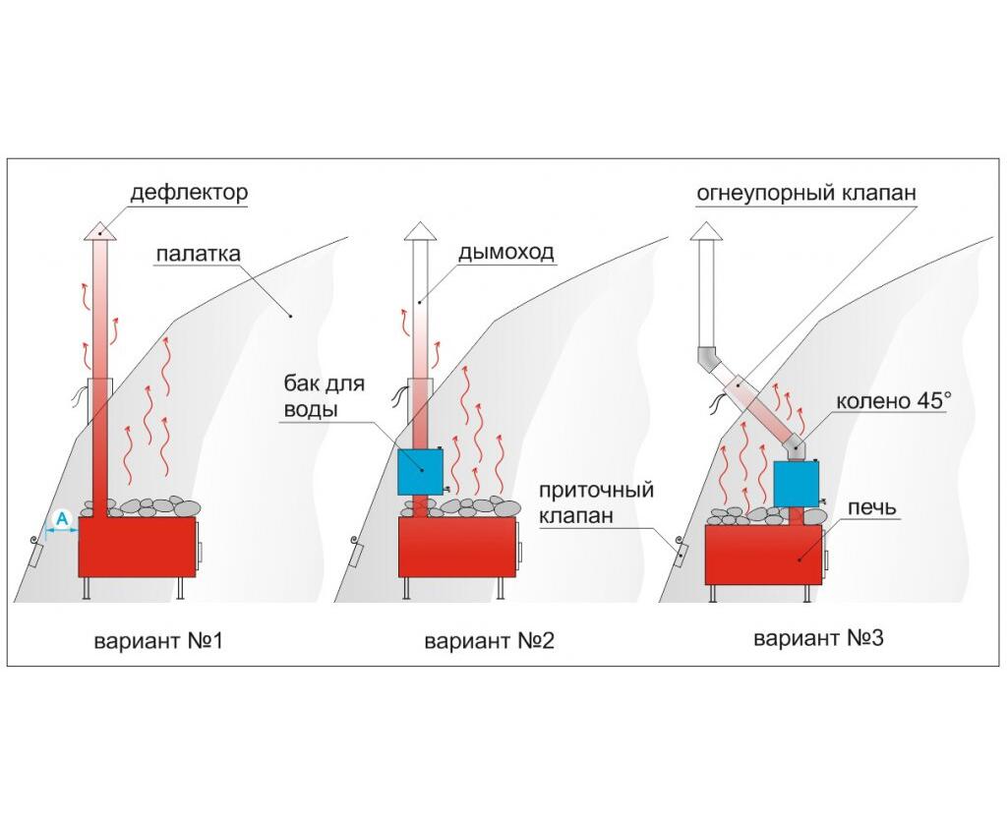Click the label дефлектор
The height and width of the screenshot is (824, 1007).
[189, 193]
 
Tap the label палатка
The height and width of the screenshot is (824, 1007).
[199, 254]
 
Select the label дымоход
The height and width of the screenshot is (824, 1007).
[505, 252]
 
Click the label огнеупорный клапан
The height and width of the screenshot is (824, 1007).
[806, 193]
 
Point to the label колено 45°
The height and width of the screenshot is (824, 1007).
[892, 401]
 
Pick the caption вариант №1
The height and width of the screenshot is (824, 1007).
[158, 641]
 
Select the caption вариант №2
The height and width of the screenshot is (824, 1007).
[489, 641]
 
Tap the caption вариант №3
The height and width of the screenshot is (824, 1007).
[818, 638]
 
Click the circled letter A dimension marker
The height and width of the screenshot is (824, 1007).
[62, 518]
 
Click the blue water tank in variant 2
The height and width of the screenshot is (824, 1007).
[420, 472]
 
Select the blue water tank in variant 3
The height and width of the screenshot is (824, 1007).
[797, 484]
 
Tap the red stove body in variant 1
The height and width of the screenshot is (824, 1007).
[137, 546]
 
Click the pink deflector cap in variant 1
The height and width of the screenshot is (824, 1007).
[99, 231]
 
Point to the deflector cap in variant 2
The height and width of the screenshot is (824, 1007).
[420, 231]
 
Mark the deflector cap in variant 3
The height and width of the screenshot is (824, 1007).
[706, 231]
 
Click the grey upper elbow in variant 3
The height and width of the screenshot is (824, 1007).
[707, 360]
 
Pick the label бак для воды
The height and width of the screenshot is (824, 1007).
[325, 396]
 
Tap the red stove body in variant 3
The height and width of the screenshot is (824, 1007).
[763, 555]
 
